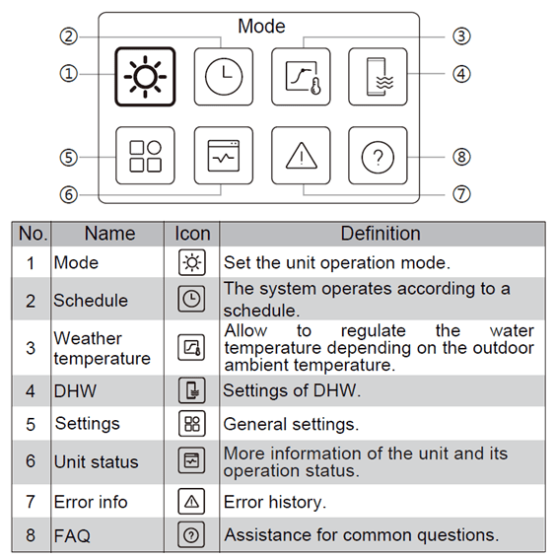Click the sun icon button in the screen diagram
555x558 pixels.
click(x=145, y=77)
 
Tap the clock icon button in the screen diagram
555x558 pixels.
click(x=224, y=77)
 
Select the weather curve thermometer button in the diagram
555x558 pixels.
click(x=301, y=77)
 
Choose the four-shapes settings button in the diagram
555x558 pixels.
click(x=145, y=156)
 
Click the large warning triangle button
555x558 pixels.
click(x=301, y=156)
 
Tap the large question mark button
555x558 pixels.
click(x=378, y=156)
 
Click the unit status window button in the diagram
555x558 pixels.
click(x=224, y=156)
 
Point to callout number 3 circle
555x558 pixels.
click(x=461, y=36)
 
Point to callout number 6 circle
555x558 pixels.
click(x=69, y=194)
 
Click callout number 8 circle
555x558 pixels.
click(x=461, y=157)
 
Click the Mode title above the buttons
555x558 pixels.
click(x=261, y=27)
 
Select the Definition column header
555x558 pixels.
click(x=381, y=234)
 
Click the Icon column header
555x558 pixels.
click(x=192, y=234)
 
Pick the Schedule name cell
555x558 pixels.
click(x=91, y=301)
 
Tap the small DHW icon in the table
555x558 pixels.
click(x=192, y=390)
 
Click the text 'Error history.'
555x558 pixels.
click(x=275, y=502)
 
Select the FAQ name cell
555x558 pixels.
click(x=72, y=535)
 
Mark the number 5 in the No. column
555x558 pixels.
click(x=31, y=424)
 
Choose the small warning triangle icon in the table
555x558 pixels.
click(x=191, y=502)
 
